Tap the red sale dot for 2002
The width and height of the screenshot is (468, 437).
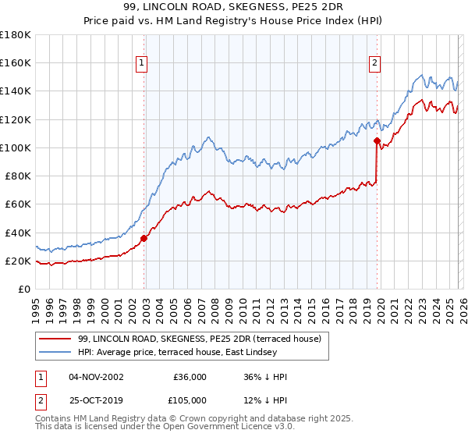pyautogui.click(x=144, y=238)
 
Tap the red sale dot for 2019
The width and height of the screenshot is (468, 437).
pyautogui.click(x=377, y=141)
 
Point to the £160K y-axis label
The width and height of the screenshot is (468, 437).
pyautogui.click(x=15, y=63)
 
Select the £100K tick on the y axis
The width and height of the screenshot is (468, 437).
pyautogui.click(x=15, y=147)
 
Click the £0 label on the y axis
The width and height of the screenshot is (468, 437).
pyautogui.click(x=24, y=289)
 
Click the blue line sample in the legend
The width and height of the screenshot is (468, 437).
pyautogui.click(x=56, y=352)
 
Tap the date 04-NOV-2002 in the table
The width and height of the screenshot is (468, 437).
pyautogui.click(x=97, y=377)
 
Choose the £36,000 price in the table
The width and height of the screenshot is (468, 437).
pyautogui.click(x=190, y=377)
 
